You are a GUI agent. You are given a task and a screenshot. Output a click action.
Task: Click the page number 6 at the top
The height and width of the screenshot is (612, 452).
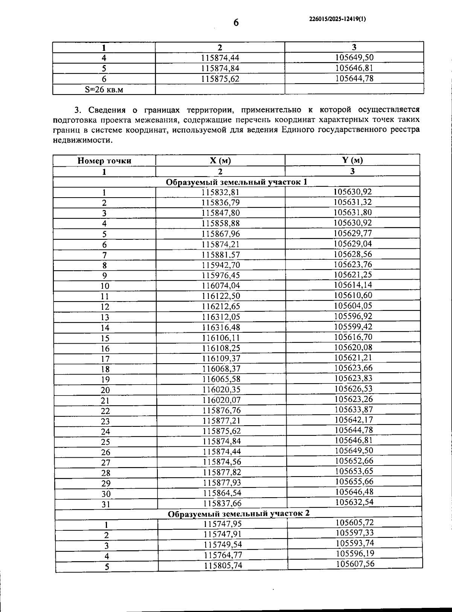[x=236, y=23]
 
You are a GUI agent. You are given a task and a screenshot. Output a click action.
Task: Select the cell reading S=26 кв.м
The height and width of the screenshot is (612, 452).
[x=104, y=90]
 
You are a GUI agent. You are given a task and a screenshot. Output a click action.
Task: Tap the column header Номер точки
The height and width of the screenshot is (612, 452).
[x=104, y=161]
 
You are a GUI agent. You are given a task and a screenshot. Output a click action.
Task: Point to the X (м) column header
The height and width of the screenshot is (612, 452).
[x=220, y=160]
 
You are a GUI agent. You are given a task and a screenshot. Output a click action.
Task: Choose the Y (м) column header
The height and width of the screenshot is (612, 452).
[x=353, y=160]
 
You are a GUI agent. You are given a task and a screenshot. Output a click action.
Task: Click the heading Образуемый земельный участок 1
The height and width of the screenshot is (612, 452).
[x=237, y=182]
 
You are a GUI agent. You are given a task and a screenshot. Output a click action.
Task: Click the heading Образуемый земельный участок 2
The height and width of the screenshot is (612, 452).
[x=238, y=514]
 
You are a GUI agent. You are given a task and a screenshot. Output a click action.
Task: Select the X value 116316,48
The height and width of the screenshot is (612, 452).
[x=221, y=327]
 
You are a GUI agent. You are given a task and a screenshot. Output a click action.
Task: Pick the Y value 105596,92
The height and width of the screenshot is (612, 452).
[x=353, y=316]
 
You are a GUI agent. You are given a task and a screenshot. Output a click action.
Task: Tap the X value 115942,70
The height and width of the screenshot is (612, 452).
[x=221, y=265]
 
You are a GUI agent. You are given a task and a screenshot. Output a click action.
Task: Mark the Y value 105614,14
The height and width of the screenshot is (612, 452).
[x=353, y=285]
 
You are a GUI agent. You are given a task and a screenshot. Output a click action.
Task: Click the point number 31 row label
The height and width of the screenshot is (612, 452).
[x=106, y=504]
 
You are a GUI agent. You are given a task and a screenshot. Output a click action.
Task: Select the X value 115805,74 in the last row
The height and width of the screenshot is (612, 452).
[x=223, y=566]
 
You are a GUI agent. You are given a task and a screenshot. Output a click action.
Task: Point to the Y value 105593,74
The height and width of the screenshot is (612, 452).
[x=355, y=543]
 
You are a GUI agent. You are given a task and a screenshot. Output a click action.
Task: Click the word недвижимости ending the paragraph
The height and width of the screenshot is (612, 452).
[x=82, y=140]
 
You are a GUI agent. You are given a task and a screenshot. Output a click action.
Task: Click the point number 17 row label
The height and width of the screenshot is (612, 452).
[x=105, y=359]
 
